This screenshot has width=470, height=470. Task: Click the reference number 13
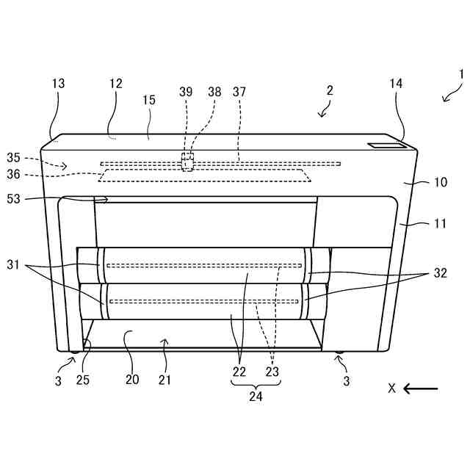tap(58, 84)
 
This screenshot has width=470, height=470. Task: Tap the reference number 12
tap(115, 84)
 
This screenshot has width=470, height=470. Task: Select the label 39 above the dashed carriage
tap(186, 92)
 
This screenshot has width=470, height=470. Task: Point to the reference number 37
tap(239, 92)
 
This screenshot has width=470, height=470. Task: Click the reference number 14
tap(396, 84)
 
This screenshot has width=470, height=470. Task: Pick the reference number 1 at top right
tap(461, 74)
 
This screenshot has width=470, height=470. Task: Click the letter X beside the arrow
tap(391, 388)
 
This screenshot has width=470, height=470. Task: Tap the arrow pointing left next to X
tap(420, 388)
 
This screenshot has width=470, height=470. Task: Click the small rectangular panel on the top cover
tap(386, 145)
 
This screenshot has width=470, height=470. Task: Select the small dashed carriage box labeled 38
tap(188, 162)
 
